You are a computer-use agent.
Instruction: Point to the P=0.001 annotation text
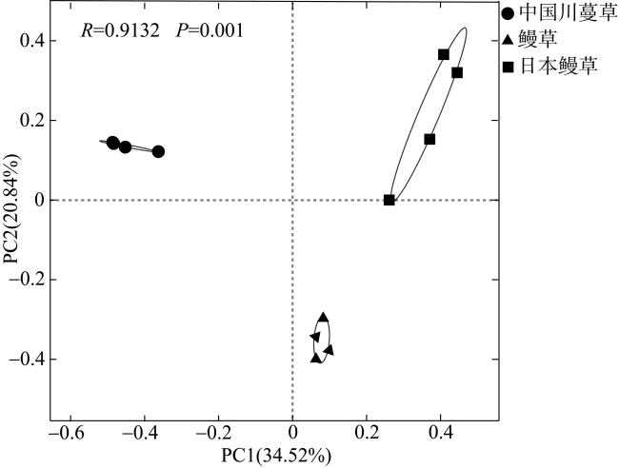coord(210,30)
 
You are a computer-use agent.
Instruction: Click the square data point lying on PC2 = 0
coord(389,200)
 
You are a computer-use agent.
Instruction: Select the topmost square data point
coord(444,54)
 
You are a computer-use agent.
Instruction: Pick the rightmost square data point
coord(457,72)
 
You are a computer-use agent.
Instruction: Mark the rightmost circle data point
coord(158,151)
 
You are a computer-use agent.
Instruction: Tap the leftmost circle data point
coord(112,143)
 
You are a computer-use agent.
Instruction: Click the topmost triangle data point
coord(324,317)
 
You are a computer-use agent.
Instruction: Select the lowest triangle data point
coord(316,358)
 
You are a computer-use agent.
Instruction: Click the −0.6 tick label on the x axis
coord(65,434)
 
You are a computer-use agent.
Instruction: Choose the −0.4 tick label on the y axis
coord(29,359)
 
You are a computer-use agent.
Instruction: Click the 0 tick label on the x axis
coord(292,434)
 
